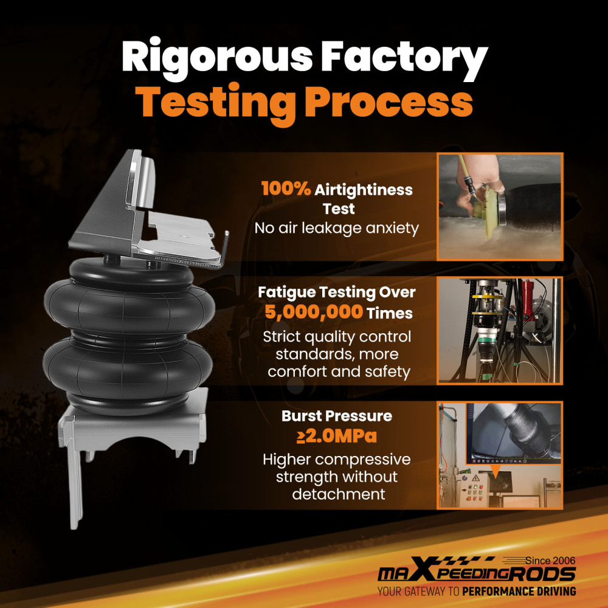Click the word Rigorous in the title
tap(217, 59)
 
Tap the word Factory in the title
tap(404, 59)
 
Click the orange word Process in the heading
tap(389, 102)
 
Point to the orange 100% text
tap(286, 189)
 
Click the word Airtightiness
tap(364, 190)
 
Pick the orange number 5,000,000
tap(314, 312)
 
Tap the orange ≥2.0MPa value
tap(337, 436)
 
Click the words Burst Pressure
tap(337, 416)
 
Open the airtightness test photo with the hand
tap(500, 207)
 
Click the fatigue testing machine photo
tap(500, 331)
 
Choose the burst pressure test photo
tap(500, 455)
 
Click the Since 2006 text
tap(550, 561)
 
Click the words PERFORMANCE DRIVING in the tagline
tap(519, 592)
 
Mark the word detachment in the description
tap(339, 494)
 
